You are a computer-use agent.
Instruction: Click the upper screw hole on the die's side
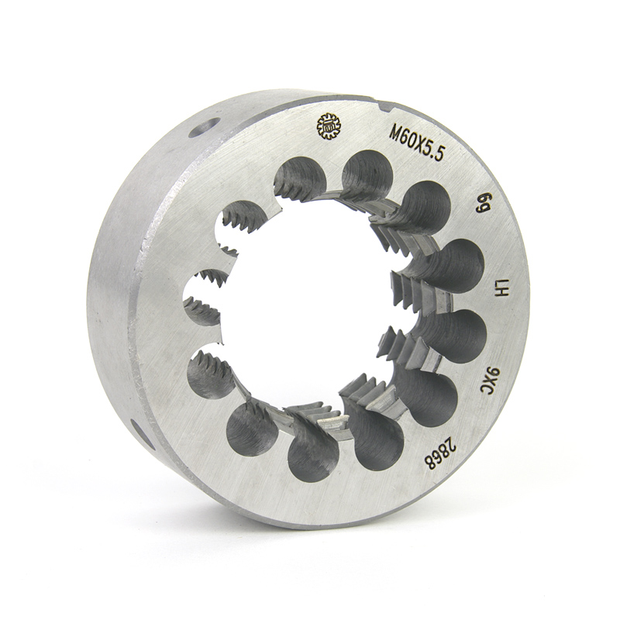(x=204, y=127)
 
